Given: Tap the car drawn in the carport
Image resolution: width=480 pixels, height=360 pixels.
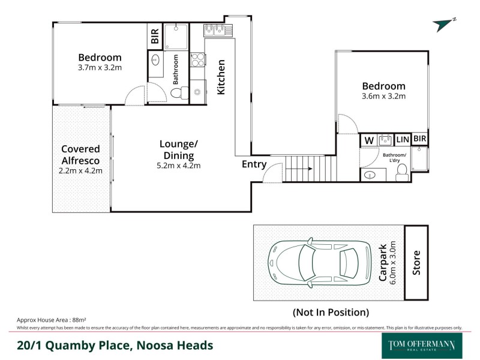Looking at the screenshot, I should (x=314, y=263).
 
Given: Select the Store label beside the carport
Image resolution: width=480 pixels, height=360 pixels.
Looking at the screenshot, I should (x=416, y=263).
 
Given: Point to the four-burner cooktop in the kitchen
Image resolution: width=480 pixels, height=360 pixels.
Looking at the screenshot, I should (x=197, y=60).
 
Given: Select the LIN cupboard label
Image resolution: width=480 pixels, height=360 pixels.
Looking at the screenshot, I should (x=402, y=140).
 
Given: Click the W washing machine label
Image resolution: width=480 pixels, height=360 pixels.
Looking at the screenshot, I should (x=369, y=140).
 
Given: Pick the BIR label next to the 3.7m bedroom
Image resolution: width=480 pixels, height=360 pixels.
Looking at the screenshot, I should (x=155, y=36).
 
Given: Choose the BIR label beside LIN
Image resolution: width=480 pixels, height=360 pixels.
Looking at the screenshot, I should (x=419, y=139).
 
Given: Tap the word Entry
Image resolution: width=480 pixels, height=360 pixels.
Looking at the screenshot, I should (x=254, y=164).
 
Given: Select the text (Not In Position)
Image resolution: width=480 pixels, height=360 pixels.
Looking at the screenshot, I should (x=330, y=312).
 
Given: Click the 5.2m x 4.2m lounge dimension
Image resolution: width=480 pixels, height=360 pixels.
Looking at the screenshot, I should (x=178, y=166).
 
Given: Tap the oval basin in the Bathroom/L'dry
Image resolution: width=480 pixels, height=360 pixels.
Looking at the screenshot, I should (x=371, y=175).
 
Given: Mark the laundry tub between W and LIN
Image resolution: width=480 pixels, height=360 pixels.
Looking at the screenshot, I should (x=385, y=140).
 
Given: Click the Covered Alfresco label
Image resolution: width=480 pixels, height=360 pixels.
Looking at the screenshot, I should (x=80, y=155).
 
